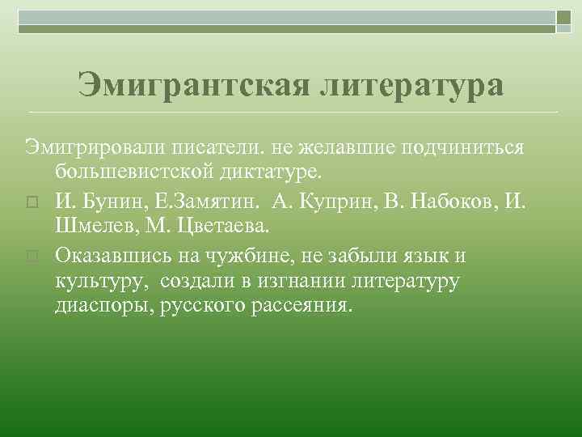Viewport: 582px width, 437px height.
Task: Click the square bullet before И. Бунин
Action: click(x=32, y=200)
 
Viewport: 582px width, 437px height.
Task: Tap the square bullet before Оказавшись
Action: click(x=32, y=257)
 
